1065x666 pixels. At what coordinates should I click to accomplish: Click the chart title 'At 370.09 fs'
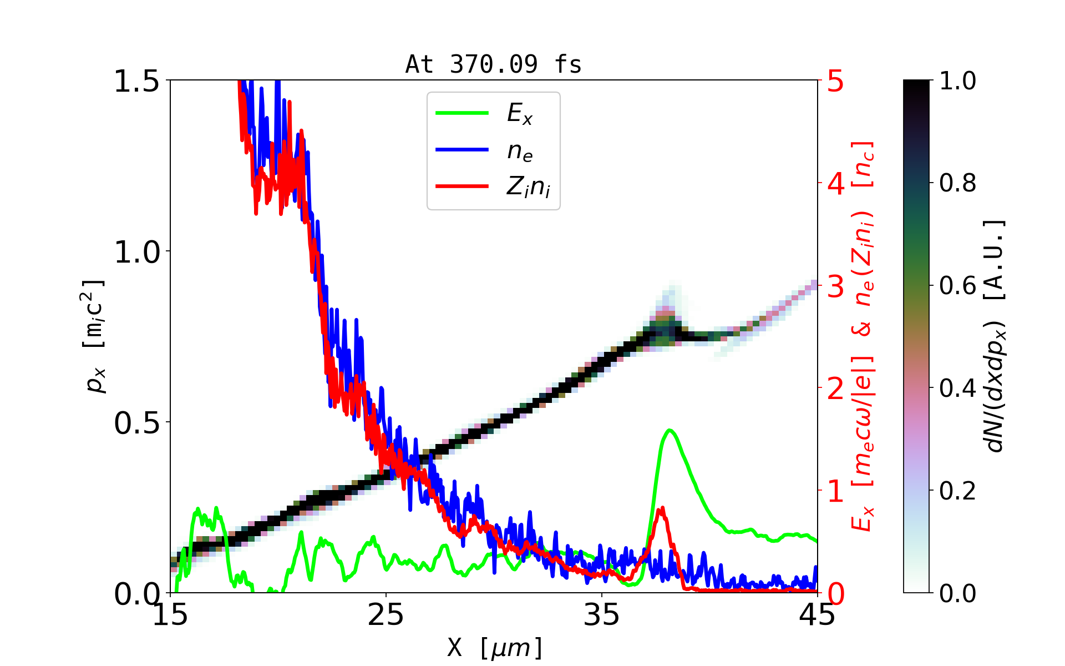(493, 64)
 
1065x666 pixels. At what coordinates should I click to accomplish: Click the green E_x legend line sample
(461, 113)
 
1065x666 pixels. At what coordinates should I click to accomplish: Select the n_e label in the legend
(520, 151)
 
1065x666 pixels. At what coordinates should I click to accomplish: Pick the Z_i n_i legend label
(528, 187)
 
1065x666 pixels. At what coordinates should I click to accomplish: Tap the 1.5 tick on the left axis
(136, 82)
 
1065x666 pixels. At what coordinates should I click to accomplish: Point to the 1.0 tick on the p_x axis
(136, 253)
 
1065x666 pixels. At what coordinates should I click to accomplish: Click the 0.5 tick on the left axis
(136, 423)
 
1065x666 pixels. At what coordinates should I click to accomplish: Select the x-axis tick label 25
(386, 615)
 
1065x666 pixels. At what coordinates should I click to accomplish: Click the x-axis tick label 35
(602, 615)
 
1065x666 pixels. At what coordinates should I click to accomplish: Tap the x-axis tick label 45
(818, 615)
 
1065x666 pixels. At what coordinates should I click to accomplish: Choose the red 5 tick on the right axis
(836, 82)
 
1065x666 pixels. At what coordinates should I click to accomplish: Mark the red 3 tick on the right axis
(836, 287)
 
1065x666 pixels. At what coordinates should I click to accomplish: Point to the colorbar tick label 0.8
(957, 183)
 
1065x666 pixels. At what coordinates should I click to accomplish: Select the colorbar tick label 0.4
(957, 388)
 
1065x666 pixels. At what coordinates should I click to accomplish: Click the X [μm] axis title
(495, 647)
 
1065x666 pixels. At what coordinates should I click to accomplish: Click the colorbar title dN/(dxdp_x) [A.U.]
(996, 336)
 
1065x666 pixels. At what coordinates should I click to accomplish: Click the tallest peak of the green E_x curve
(670, 430)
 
